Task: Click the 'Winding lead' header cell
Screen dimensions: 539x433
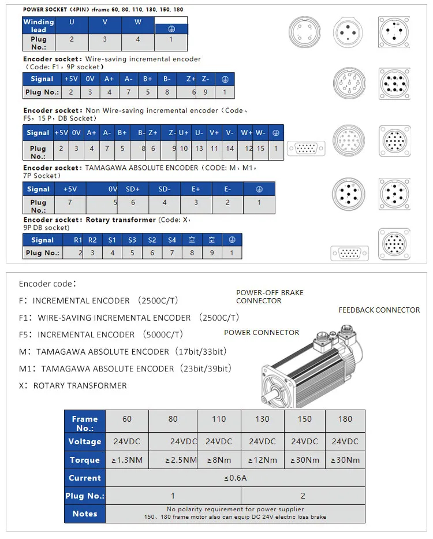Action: pyautogui.click(x=39, y=25)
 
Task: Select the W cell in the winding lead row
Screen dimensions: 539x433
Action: pyautogui.click(x=137, y=22)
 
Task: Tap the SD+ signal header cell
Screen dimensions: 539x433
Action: pyautogui.click(x=133, y=189)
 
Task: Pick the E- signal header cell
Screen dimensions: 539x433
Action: pyautogui.click(x=227, y=189)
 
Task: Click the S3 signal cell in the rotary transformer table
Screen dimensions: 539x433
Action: pyautogui.click(x=132, y=240)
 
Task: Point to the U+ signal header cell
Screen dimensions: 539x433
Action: pyautogui.click(x=184, y=133)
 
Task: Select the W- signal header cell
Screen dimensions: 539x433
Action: pyautogui.click(x=261, y=133)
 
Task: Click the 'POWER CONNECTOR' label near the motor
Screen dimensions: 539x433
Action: pyautogui.click(x=262, y=332)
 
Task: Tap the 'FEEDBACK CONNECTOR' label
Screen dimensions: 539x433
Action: pyautogui.click(x=379, y=310)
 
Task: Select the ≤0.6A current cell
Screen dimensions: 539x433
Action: pyautogui.click(x=235, y=478)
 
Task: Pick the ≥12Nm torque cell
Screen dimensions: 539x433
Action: pyautogui.click(x=263, y=460)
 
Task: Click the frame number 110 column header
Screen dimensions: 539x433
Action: pyautogui.click(x=219, y=419)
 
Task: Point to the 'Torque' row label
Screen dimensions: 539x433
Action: pyautogui.click(x=85, y=460)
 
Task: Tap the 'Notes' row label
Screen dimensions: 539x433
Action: pyautogui.click(x=85, y=514)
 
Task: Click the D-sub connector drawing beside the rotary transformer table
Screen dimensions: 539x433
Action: pyautogui.click(x=349, y=254)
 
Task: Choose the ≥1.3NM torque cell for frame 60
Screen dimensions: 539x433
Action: pyautogui.click(x=127, y=460)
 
